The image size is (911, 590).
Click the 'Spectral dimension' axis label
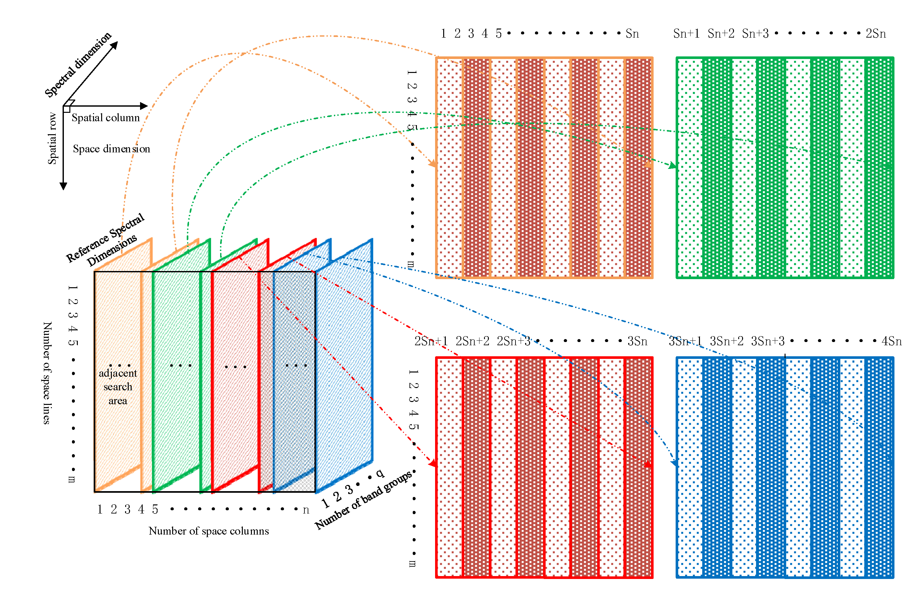tap(78, 64)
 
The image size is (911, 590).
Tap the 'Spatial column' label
tap(106, 118)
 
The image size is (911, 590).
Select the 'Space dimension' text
tap(112, 148)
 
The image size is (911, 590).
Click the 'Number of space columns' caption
tap(208, 531)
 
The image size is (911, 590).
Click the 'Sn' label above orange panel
tap(632, 34)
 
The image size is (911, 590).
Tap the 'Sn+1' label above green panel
tap(686, 34)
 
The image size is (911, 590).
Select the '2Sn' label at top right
tap(875, 34)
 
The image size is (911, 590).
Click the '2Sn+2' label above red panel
tap(472, 341)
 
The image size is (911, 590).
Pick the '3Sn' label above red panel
tap(637, 341)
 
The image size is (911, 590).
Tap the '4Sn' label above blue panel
tap(892, 341)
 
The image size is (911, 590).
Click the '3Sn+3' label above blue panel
tap(767, 341)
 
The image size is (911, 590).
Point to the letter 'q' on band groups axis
tap(380, 473)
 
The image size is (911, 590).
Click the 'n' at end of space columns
tap(305, 510)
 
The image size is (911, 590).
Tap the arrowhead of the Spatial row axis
tap(64, 186)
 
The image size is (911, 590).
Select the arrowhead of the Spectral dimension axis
tap(114, 45)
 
